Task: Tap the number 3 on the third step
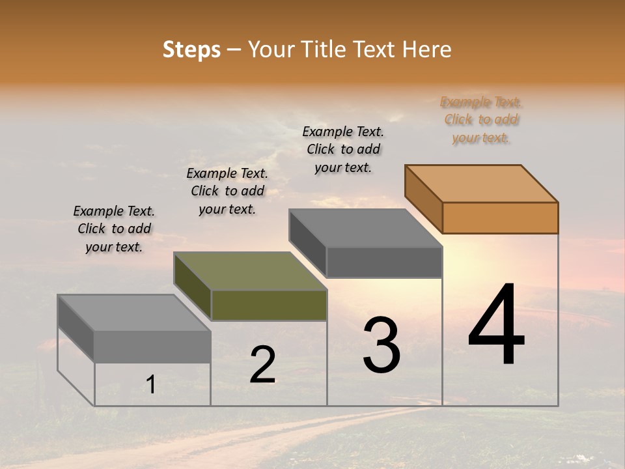click(x=382, y=345)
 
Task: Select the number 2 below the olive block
click(x=263, y=364)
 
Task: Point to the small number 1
click(x=150, y=385)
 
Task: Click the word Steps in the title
click(x=191, y=50)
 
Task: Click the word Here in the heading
click(x=428, y=50)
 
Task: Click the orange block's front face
click(x=500, y=218)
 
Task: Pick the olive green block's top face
click(x=250, y=271)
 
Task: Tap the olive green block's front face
click(x=269, y=305)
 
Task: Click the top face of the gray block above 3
click(x=366, y=228)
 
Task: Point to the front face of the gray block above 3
click(x=384, y=262)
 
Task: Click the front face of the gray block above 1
click(x=152, y=347)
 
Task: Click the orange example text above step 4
click(x=481, y=120)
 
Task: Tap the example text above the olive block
click(x=227, y=191)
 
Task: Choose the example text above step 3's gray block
click(x=343, y=149)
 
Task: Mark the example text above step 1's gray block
click(x=114, y=229)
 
